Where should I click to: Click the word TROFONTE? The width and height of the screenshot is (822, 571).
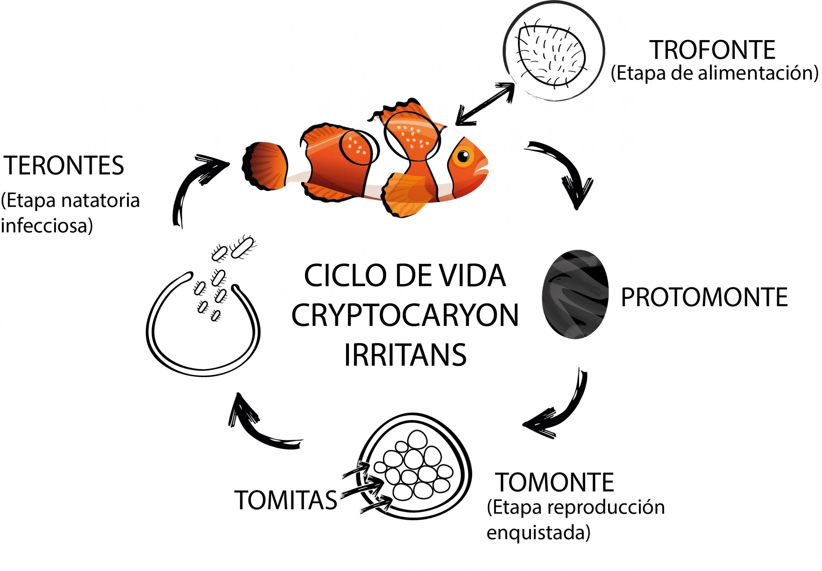(x=712, y=50)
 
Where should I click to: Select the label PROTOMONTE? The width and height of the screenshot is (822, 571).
(x=704, y=297)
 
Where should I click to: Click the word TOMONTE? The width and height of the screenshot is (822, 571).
(x=555, y=483)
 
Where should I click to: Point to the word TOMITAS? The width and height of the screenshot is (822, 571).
(x=285, y=500)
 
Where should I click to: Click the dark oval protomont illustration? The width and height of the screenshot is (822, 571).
(x=575, y=294)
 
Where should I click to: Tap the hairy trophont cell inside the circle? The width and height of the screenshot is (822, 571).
(x=551, y=56)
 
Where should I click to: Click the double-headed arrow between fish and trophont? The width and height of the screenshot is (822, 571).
(x=485, y=104)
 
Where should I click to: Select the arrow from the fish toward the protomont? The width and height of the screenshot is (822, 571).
(x=564, y=172)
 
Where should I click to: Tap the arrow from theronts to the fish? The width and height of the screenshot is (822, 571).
(x=193, y=186)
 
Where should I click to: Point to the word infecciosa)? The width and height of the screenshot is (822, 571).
(x=47, y=225)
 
